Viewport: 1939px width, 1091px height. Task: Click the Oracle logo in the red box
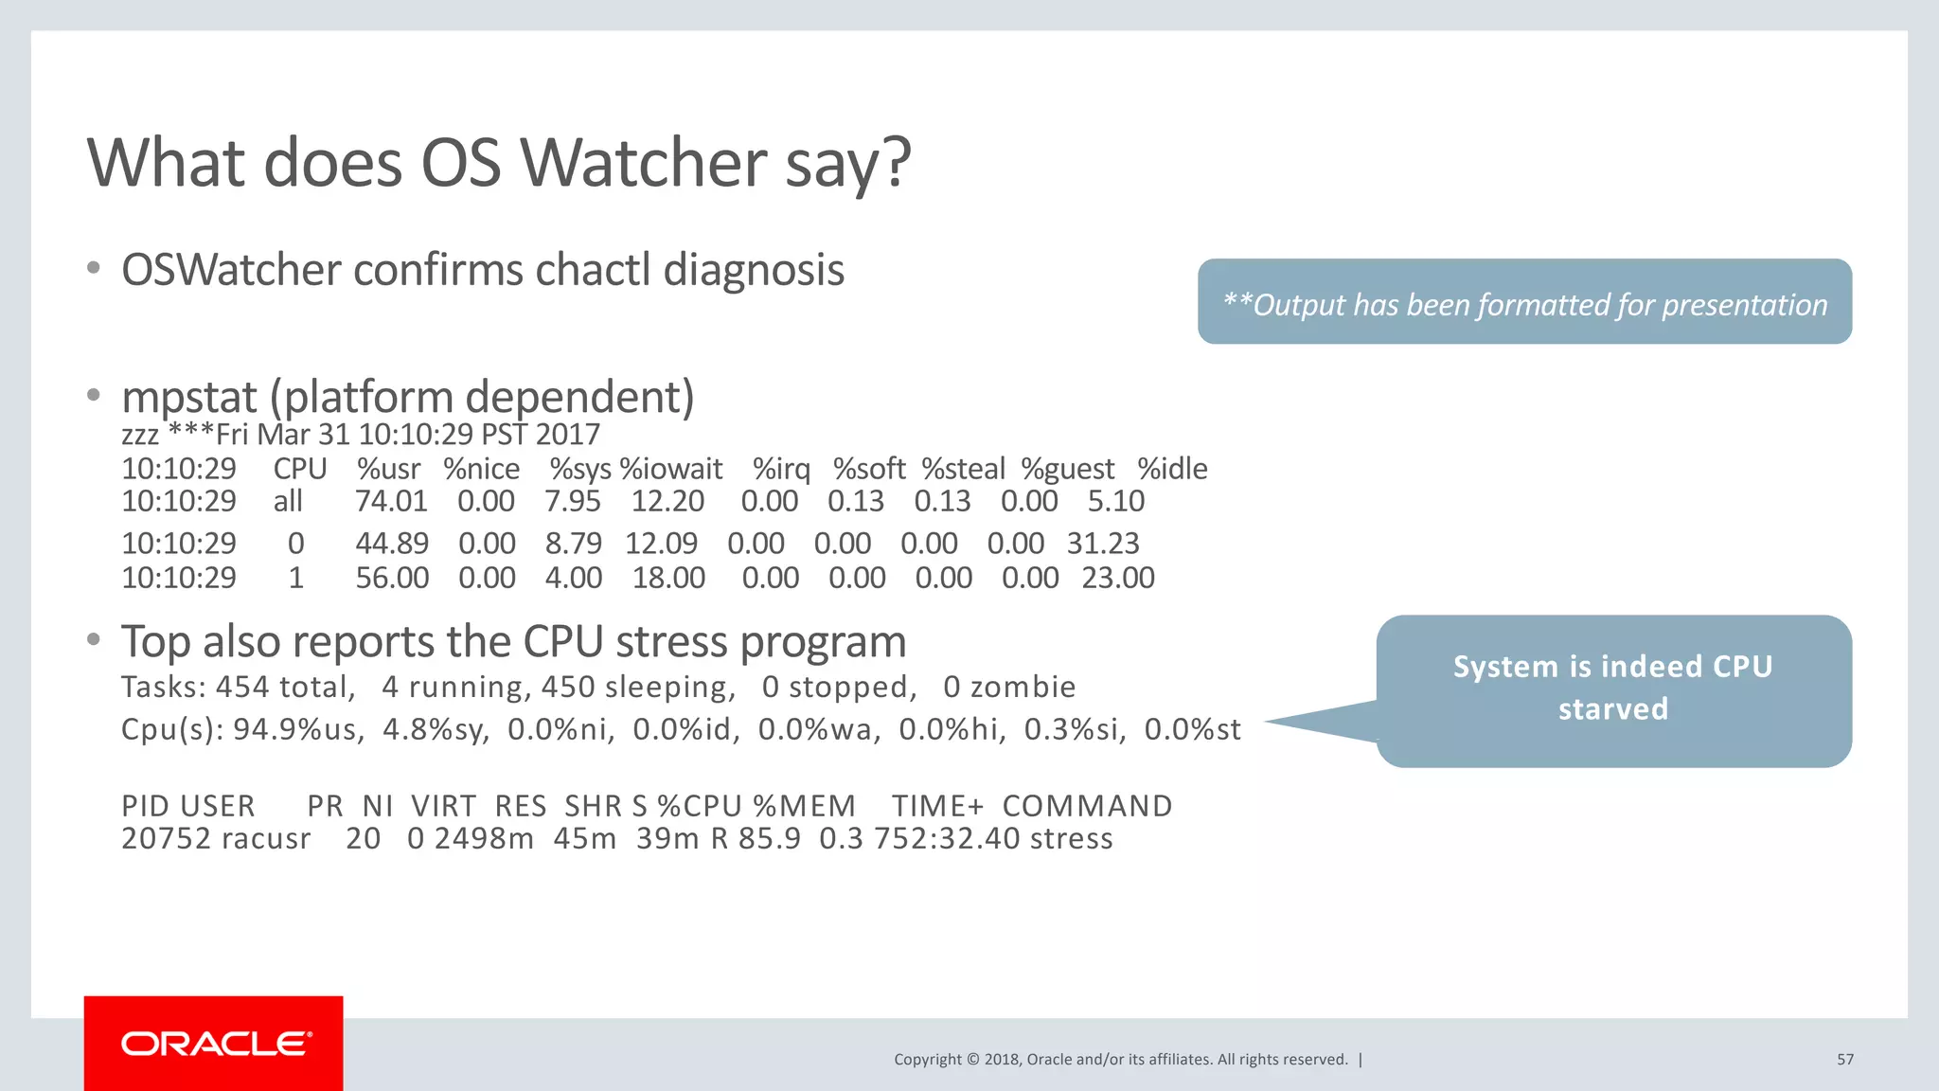click(x=215, y=1044)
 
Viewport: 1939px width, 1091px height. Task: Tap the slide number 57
click(x=1844, y=1060)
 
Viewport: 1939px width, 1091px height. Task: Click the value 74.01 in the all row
click(x=391, y=501)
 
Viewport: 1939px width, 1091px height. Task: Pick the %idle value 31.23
click(x=1102, y=544)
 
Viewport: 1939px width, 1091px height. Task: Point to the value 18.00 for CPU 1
click(x=668, y=578)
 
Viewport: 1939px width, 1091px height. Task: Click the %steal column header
click(x=963, y=469)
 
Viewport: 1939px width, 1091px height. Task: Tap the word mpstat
click(x=189, y=397)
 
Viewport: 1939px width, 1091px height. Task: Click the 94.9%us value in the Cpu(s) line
click(x=297, y=730)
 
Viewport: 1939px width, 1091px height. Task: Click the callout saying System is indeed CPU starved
click(x=1612, y=689)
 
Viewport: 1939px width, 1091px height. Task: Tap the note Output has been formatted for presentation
click(x=1524, y=305)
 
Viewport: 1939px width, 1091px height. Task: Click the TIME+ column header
click(x=936, y=806)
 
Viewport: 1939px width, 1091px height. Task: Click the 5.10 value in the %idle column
click(x=1115, y=501)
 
